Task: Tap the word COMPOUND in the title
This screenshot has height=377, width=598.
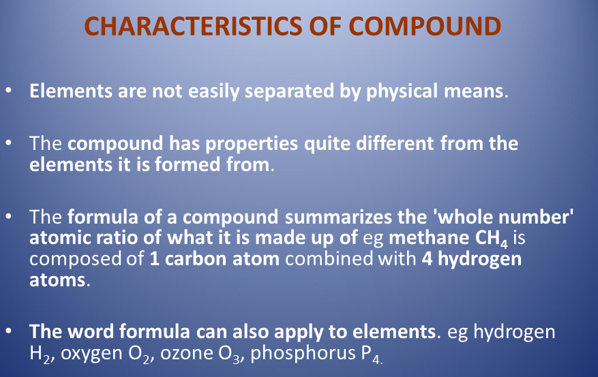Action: (x=425, y=26)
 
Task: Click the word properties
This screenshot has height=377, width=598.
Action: (x=252, y=145)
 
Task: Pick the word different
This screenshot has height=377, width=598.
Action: (x=395, y=143)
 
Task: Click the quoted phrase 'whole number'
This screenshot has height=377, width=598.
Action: (x=503, y=217)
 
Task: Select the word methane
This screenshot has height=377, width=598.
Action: (x=429, y=238)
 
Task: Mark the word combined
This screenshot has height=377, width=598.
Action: (x=329, y=259)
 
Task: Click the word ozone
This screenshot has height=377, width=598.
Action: (x=186, y=353)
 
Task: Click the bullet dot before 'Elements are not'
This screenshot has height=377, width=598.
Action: (x=9, y=91)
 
